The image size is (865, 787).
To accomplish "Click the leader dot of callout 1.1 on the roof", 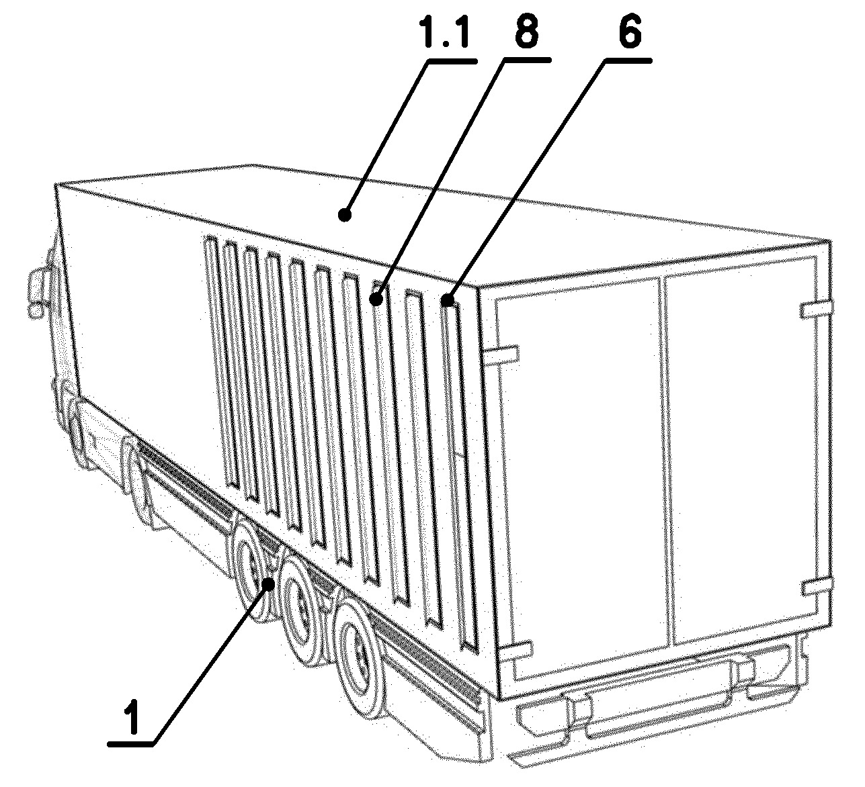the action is (x=344, y=214).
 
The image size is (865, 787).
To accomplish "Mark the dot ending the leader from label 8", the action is (x=376, y=299).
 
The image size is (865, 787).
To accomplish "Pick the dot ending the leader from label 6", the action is (x=448, y=299).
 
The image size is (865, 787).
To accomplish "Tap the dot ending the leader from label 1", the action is (x=269, y=584).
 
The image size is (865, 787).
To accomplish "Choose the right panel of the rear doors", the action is (x=742, y=451).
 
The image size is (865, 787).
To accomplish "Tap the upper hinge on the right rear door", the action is (x=817, y=310).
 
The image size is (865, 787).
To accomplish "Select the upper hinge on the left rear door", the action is (x=502, y=354).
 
